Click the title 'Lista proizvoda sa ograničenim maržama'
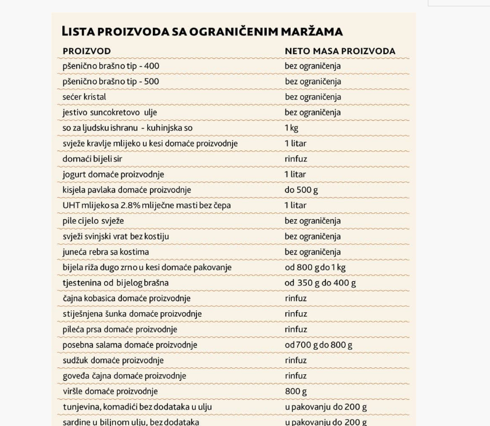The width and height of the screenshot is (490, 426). tap(202, 31)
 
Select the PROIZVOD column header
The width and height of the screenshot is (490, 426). tap(87, 51)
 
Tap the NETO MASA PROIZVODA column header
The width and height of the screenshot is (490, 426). tap(339, 51)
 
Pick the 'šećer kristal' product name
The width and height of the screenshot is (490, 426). tap(84, 97)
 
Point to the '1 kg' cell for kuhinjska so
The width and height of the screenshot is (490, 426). tap(291, 128)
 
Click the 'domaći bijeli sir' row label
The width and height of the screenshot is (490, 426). tap(92, 159)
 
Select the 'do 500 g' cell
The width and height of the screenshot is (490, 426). tap(301, 190)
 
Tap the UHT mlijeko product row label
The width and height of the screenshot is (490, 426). tap(146, 205)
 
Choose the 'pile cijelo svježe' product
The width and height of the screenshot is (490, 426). tap(93, 221)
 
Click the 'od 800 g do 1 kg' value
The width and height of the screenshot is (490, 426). tap(315, 267)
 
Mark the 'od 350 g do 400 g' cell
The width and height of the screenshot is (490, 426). tap(320, 283)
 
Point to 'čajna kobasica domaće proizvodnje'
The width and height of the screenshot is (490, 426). tap(127, 298)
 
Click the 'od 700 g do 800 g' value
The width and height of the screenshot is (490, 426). tap(319, 345)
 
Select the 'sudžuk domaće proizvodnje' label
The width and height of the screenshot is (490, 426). tap(113, 360)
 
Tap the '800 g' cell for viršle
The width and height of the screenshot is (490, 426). tap(296, 391)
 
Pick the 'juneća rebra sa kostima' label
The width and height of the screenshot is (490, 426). tap(106, 252)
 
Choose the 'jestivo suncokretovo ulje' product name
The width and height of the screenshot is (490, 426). tap(110, 112)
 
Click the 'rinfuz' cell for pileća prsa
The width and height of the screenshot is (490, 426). tap(296, 330)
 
